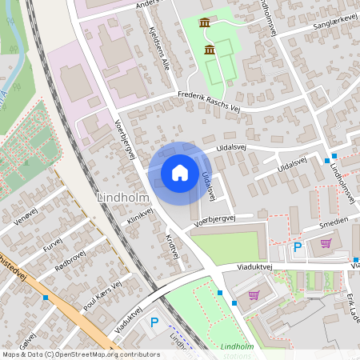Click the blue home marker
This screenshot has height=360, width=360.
click(180, 173)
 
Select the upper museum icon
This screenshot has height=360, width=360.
click(205, 22)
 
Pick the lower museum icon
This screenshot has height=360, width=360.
click(210, 50)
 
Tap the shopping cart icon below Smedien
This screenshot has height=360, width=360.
click(326, 244)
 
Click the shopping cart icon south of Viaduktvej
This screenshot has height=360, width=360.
click(254, 295)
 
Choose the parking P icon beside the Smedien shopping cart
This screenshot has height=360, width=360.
click(298, 247)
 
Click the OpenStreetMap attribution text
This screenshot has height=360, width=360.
click(80, 354)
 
